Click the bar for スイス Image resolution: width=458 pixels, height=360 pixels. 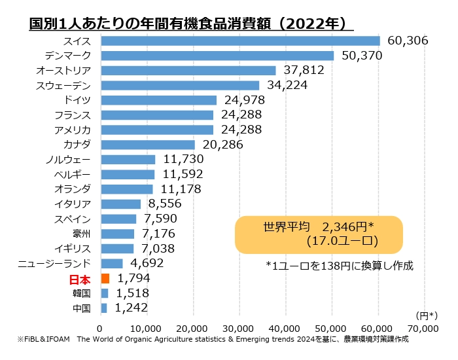tap(240, 41)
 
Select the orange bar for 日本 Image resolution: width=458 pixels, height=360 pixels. tap(105, 278)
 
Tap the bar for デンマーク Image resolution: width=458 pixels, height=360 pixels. tap(217, 56)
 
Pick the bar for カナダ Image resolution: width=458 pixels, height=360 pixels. tap(148, 145)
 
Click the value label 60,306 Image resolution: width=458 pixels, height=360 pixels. tap(408, 41)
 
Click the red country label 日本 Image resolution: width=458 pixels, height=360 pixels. tap(79, 279)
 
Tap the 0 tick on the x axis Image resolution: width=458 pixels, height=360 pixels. tap(100, 327)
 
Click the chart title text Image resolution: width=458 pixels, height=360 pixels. tap(188, 24)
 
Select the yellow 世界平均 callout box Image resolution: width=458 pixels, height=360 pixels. tap(318, 234)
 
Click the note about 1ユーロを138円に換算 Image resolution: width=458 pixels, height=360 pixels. tap(340, 266)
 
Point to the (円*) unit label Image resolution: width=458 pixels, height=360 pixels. tap(425, 315)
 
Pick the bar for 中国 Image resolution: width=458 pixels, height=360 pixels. tap(104, 308)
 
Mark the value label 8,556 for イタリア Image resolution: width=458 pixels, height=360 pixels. tap(166, 204)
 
